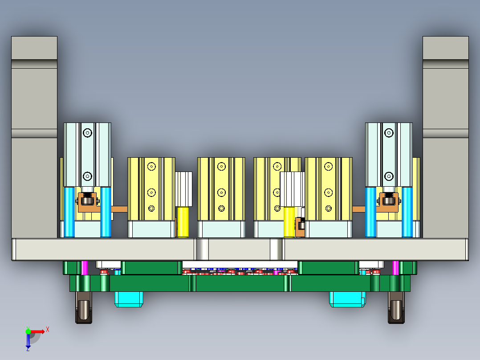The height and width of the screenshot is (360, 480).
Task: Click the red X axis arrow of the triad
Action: click(x=39, y=331)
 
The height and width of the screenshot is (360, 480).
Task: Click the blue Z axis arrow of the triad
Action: click(x=28, y=342)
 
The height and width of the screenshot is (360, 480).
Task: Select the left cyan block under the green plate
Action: click(x=129, y=299)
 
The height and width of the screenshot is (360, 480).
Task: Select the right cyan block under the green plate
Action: click(x=347, y=299)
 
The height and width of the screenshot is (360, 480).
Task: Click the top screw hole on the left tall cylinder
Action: click(x=87, y=133)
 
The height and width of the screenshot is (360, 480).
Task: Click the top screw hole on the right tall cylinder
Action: click(x=389, y=133)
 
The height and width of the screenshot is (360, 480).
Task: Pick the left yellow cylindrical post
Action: click(x=183, y=221)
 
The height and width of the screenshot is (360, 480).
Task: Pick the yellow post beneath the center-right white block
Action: click(x=289, y=222)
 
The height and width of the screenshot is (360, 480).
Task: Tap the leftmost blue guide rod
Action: click(x=69, y=212)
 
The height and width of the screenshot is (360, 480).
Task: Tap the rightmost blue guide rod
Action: click(x=407, y=212)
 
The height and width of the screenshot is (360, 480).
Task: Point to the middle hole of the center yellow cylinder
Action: click(x=221, y=192)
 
